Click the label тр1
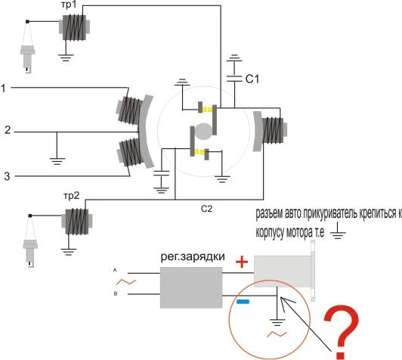tap(70, 5)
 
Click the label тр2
tap(71, 196)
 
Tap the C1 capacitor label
tap(252, 79)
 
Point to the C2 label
tap(206, 209)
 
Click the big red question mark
tap(341, 331)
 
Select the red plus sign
tap(242, 262)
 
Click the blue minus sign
tap(243, 302)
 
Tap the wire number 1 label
tap(3, 88)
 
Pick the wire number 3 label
tap(8, 176)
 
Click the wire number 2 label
tap(8, 130)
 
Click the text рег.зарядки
tap(193, 257)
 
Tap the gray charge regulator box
tap(191, 287)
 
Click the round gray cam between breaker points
tap(203, 132)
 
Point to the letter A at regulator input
tap(115, 270)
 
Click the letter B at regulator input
tap(116, 293)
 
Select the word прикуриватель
tap(329, 213)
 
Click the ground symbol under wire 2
tap(57, 161)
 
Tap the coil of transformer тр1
tap(74, 27)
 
